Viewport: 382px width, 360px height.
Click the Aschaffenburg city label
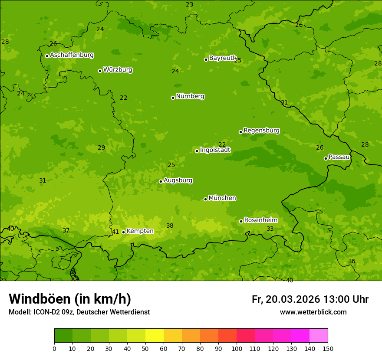click(x=72, y=55)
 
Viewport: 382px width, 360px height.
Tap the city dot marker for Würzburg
click(x=100, y=71)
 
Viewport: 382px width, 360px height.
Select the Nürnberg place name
click(x=190, y=96)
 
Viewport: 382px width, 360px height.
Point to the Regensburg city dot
click(x=240, y=132)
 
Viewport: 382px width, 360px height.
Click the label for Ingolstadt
click(x=215, y=150)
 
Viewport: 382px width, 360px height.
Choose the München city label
click(x=222, y=198)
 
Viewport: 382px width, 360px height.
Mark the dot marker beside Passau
click(x=326, y=158)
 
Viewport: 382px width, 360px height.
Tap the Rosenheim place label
click(x=260, y=220)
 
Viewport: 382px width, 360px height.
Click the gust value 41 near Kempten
click(x=115, y=232)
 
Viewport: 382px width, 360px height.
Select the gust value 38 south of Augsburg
click(x=170, y=226)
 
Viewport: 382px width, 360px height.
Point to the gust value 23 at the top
click(x=190, y=5)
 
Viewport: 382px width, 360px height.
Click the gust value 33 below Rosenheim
click(x=270, y=229)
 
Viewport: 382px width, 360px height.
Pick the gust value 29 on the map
click(x=102, y=148)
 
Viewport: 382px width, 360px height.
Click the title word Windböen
click(x=40, y=299)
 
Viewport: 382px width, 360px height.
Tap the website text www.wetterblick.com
click(x=313, y=312)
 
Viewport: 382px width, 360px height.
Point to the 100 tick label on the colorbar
click(x=237, y=348)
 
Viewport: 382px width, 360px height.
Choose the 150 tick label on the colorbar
click(x=327, y=348)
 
